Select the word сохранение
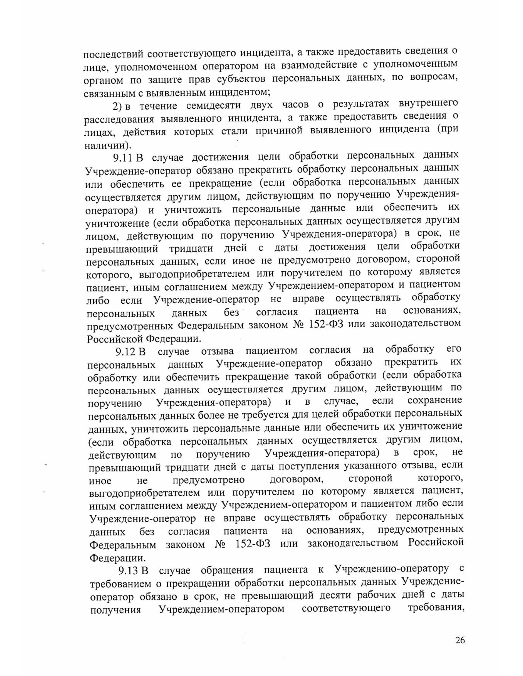click(x=435, y=400)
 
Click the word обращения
click(x=227, y=570)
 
